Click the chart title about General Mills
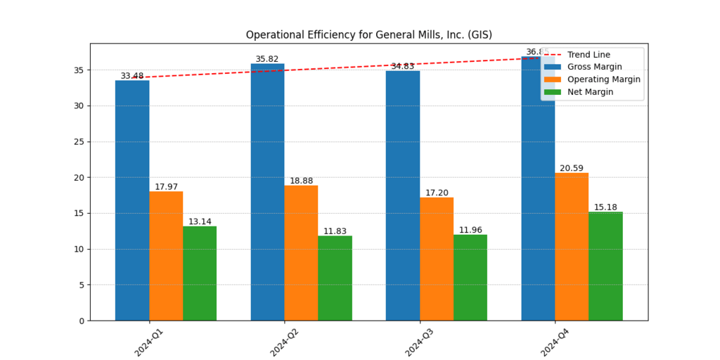tap(368, 35)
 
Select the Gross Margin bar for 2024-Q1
tap(132, 200)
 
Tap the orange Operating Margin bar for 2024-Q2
tap(301, 253)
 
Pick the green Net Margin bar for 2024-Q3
tap(470, 278)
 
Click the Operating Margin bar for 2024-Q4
tap(572, 247)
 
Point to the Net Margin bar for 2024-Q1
tap(200, 274)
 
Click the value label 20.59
tap(572, 169)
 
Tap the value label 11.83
tap(335, 231)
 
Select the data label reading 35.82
tap(267, 60)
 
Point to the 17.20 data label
tap(437, 193)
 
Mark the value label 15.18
tap(605, 207)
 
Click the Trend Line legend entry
tap(589, 55)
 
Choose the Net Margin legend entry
tap(590, 92)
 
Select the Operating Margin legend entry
tap(603, 79)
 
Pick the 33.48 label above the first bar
tap(132, 76)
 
